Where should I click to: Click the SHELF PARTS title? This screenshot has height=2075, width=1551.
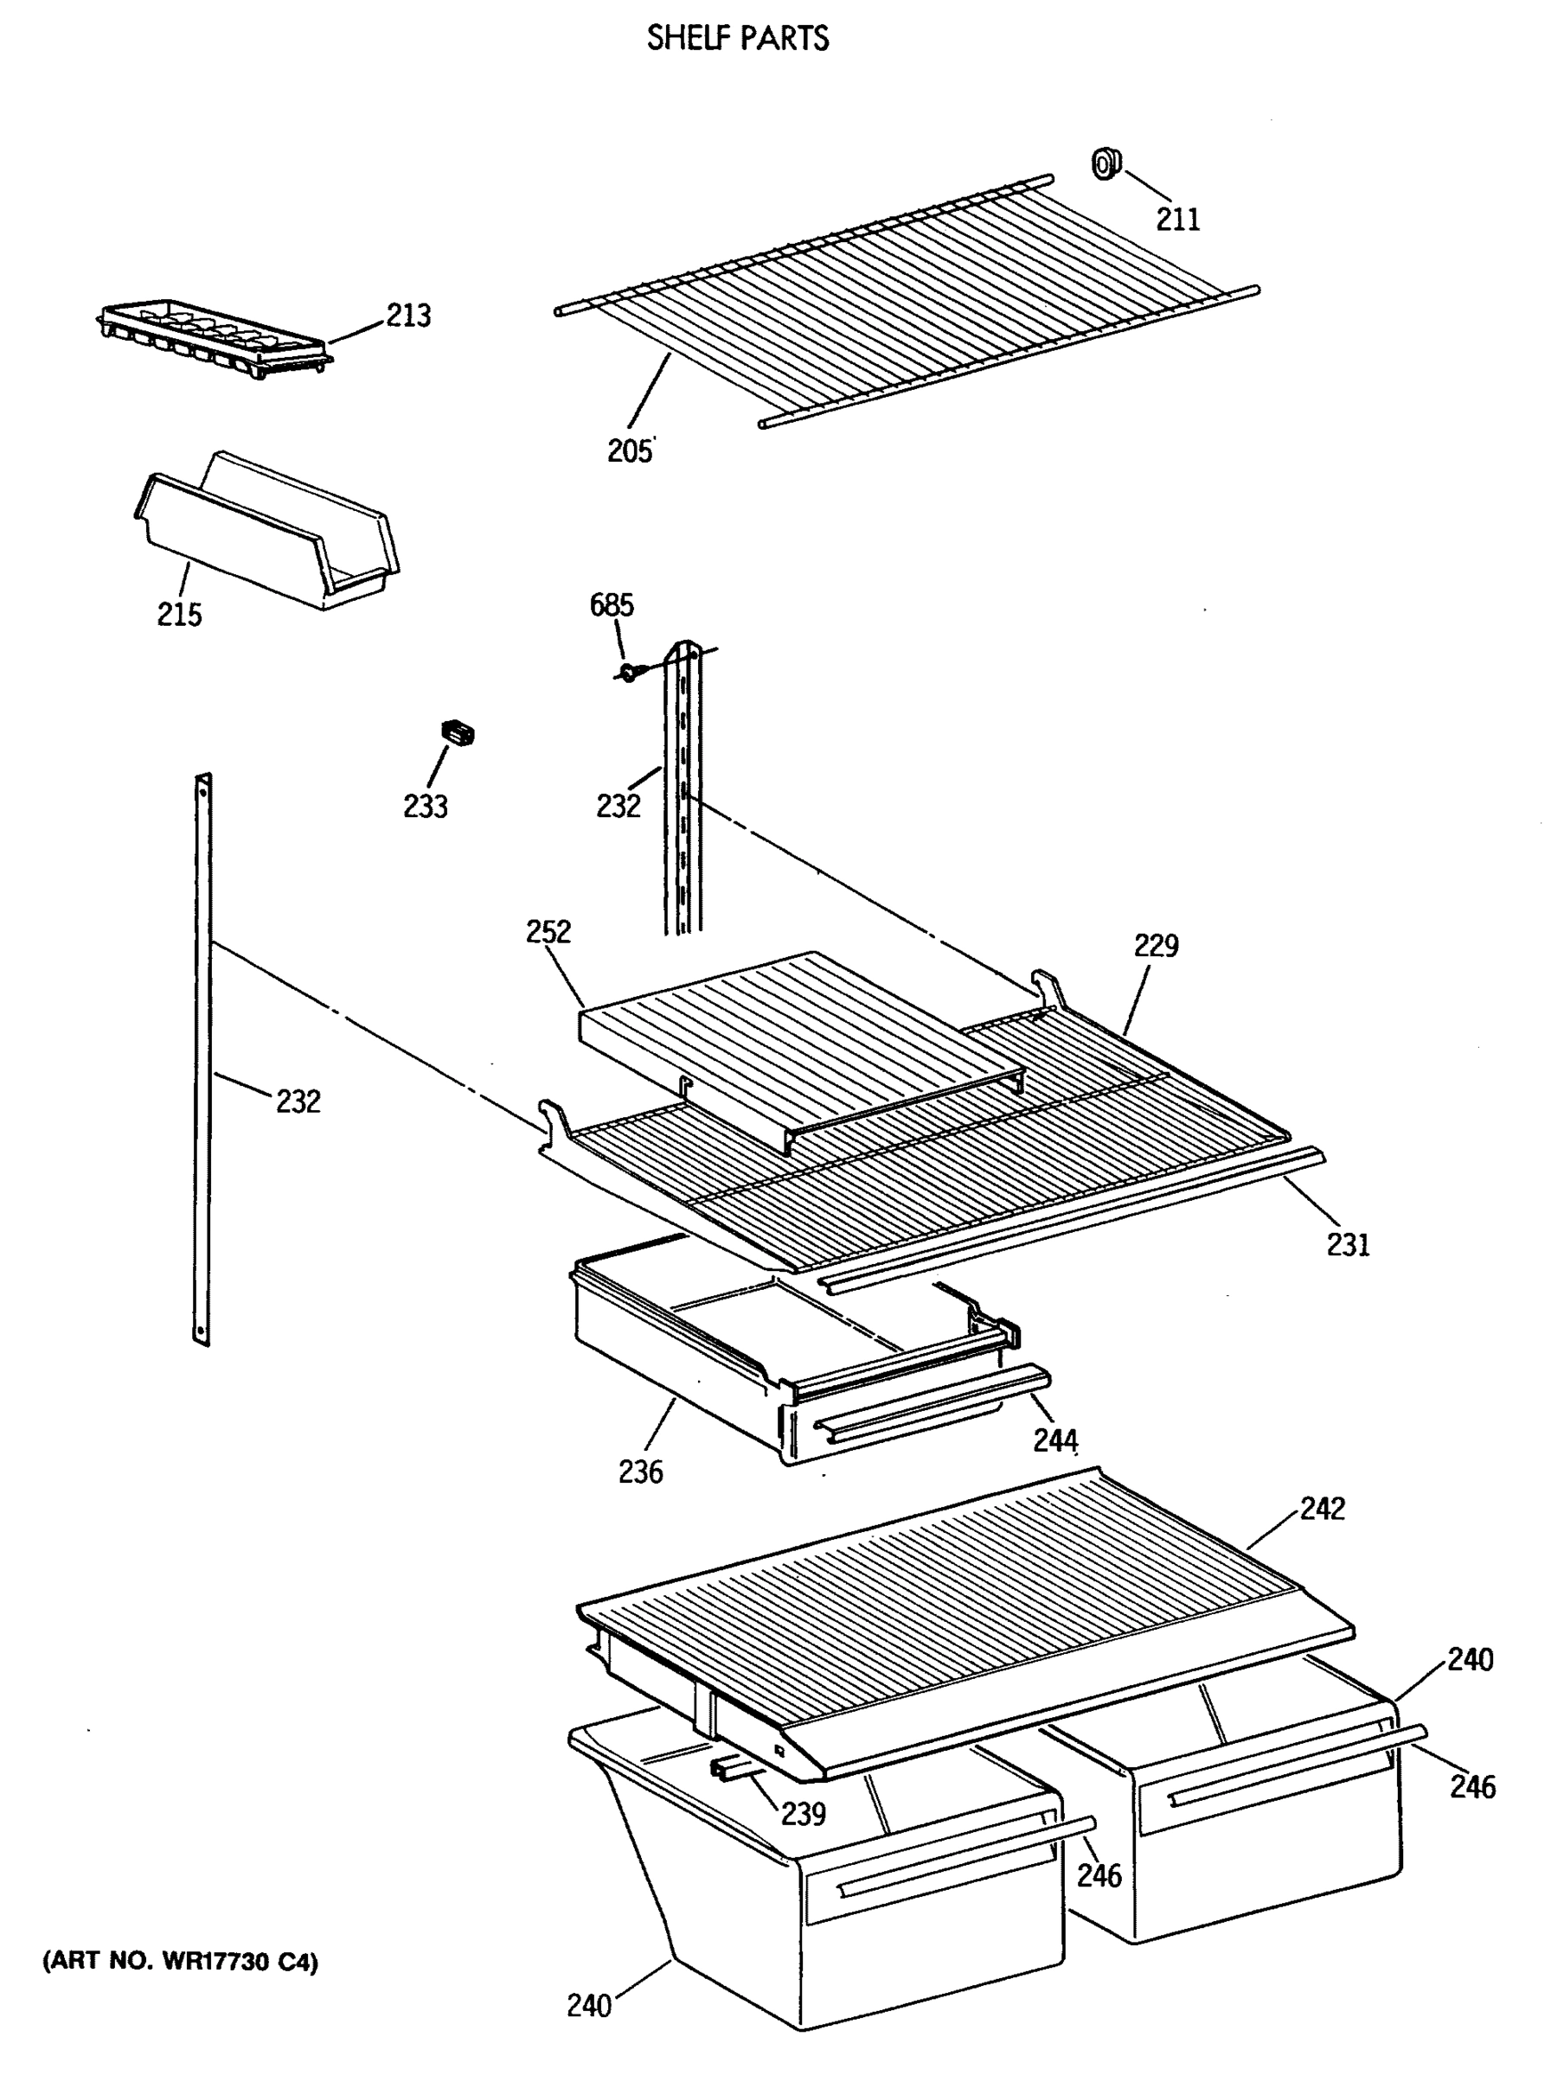(x=738, y=37)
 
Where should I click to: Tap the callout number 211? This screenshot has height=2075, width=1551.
(x=1176, y=219)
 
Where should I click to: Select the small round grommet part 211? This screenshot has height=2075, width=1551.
(x=1106, y=165)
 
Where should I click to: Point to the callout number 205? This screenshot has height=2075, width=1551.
(x=629, y=451)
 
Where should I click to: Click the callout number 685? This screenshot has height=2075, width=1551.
(x=611, y=605)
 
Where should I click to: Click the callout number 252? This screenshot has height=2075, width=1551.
(x=548, y=930)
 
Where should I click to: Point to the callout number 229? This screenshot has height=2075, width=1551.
(x=1155, y=945)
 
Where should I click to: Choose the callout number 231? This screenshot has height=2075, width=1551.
(x=1348, y=1245)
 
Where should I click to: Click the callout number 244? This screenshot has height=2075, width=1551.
(x=1054, y=1440)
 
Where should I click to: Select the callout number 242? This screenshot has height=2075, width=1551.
(x=1322, y=1508)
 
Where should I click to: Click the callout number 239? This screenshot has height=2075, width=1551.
(x=803, y=1814)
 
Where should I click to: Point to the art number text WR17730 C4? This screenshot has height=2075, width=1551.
(x=180, y=1962)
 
